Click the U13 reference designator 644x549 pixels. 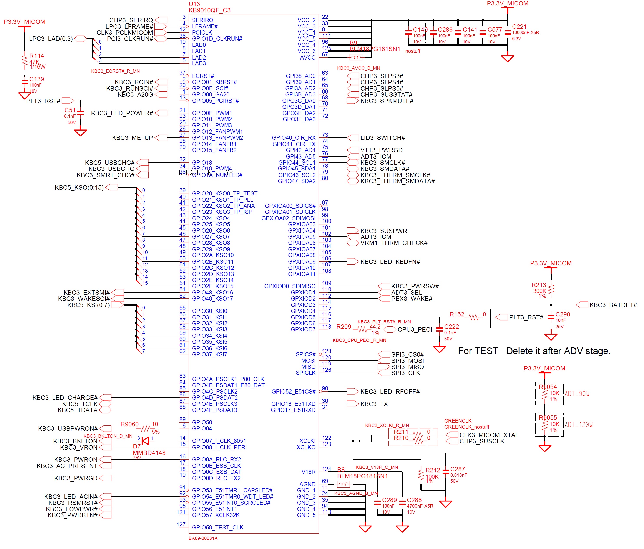click(194, 4)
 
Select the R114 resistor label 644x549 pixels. click(37, 56)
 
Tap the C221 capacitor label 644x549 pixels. click(519, 27)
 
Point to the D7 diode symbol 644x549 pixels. click(145, 441)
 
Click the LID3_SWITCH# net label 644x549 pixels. click(382, 138)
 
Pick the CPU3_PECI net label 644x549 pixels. click(415, 329)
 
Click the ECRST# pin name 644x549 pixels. click(203, 76)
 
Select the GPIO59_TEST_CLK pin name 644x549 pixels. click(217, 527)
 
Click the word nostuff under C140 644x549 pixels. click(412, 51)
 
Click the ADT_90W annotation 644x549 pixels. click(577, 394)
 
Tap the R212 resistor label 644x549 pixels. click(433, 470)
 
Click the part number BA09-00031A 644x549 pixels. click(203, 538)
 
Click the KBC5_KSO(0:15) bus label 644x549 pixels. click(79, 187)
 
